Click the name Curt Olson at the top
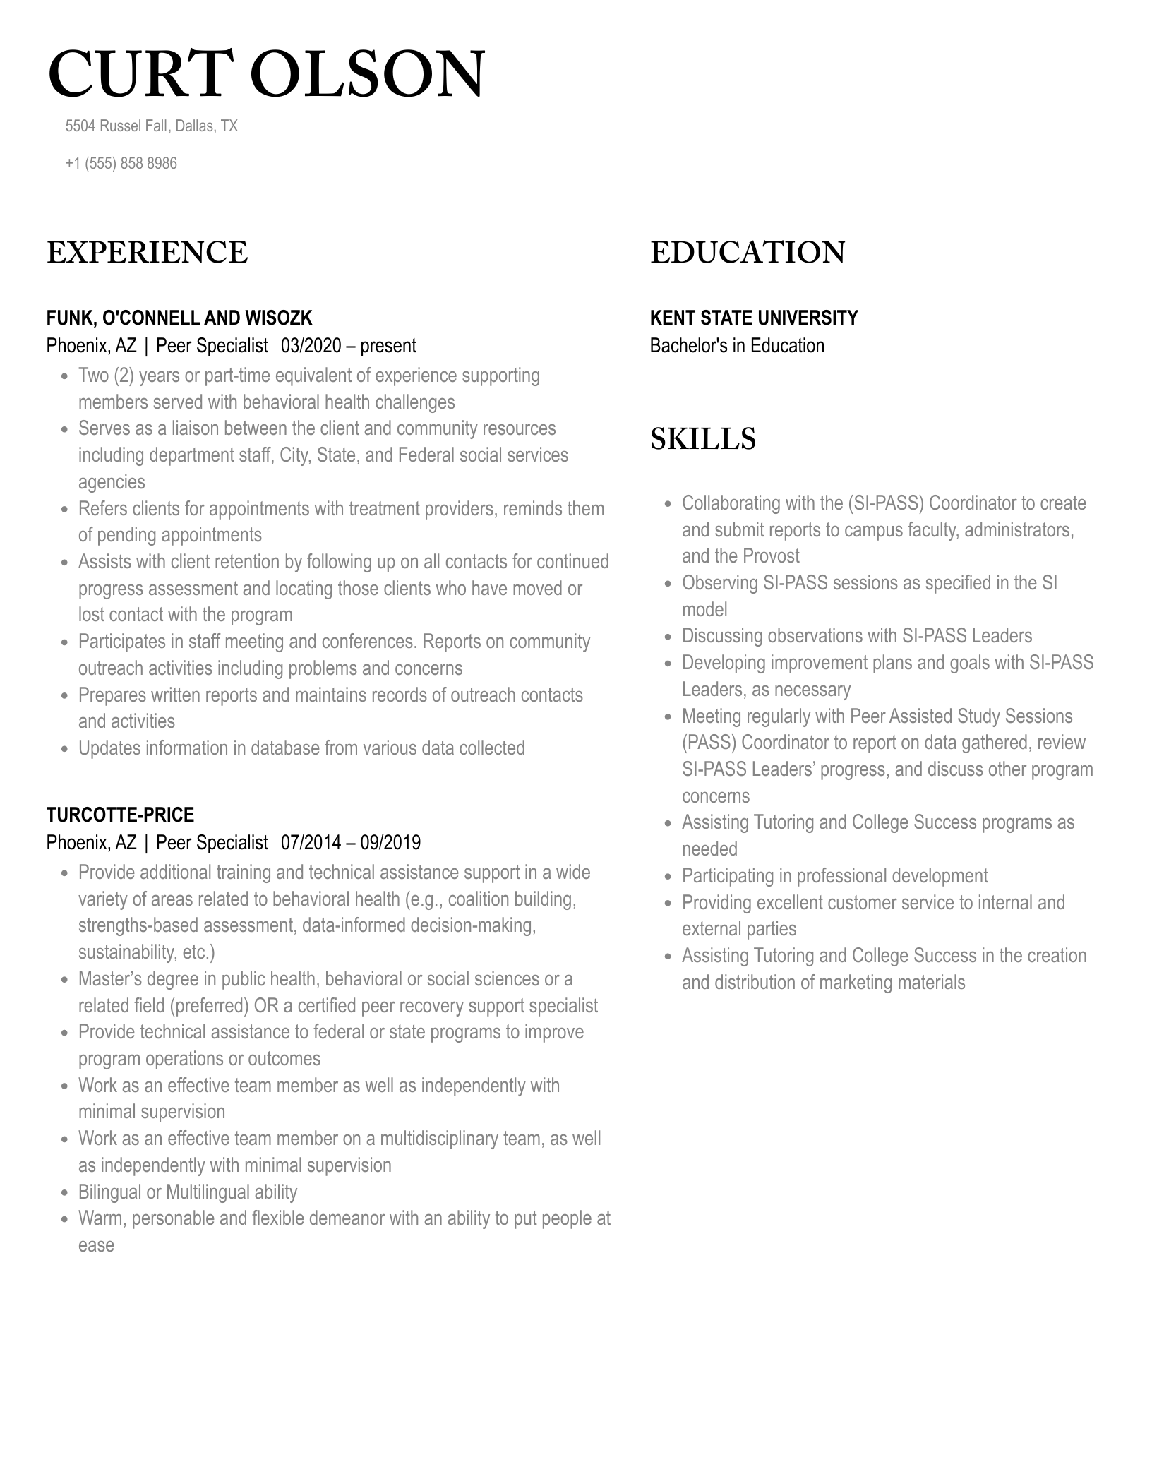pos(266,74)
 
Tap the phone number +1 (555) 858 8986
pos(121,164)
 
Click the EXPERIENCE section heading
pos(147,253)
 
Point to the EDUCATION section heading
pos(747,253)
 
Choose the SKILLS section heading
pos(702,439)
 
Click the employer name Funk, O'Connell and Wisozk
pos(179,318)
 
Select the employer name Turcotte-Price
pos(120,815)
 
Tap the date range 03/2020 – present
pos(348,346)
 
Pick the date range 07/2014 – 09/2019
pos(350,843)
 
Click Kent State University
pos(753,318)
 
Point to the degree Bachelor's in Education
pos(736,346)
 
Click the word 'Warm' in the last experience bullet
pos(100,1218)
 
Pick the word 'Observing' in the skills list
pos(719,583)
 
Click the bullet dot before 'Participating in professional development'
pos(668,877)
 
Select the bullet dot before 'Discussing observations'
pos(668,637)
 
